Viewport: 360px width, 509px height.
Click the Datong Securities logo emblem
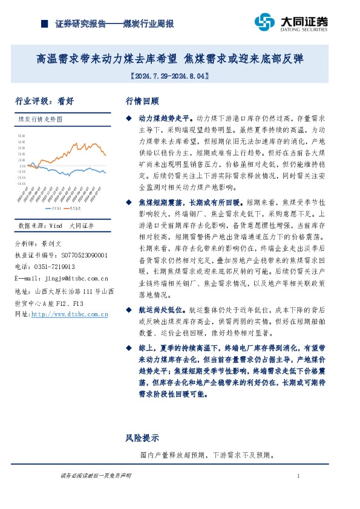coord(264,22)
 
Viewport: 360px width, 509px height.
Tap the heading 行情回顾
coord(142,101)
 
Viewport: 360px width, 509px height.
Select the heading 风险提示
coord(142,438)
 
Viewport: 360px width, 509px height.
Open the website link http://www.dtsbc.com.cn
coord(70,314)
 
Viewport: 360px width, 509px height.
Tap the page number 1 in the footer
coord(299,477)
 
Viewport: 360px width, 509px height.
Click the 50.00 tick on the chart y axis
coord(22,136)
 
